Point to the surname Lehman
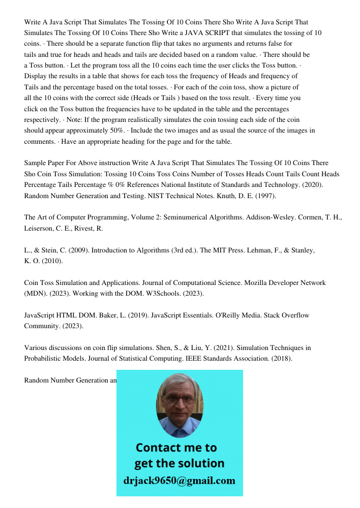[x=264, y=250]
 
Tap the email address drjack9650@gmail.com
[x=179, y=481]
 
